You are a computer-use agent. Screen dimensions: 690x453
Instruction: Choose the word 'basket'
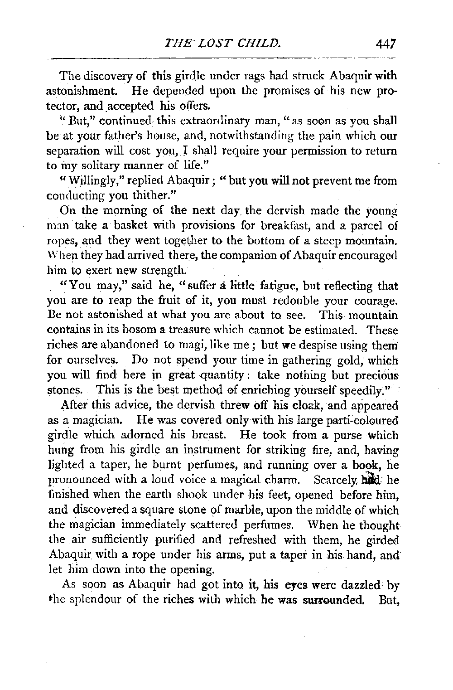coord(126,226)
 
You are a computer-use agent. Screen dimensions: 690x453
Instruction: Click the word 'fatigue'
coord(276,287)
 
